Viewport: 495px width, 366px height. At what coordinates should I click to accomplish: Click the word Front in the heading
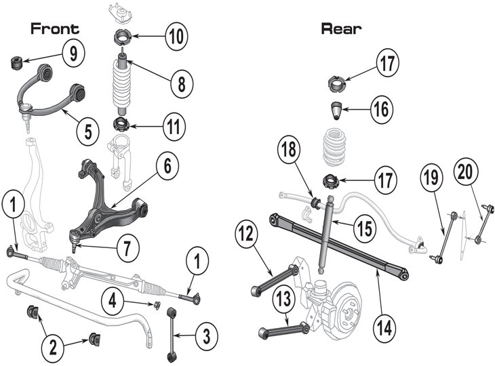[x=55, y=28]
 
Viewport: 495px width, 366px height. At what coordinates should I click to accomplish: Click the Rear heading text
[x=342, y=28]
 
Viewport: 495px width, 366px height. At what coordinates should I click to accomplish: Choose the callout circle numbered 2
[x=55, y=346]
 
